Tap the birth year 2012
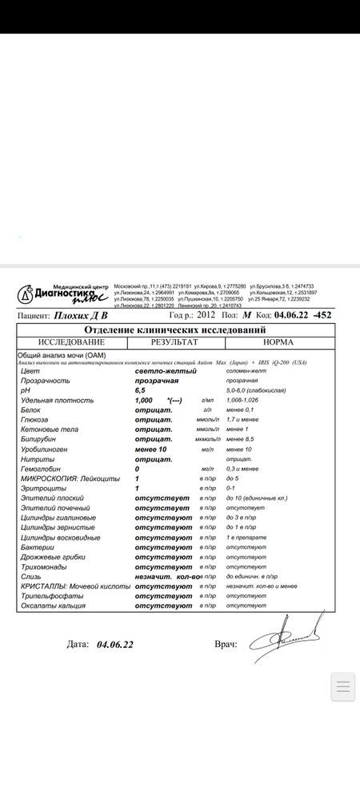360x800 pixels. tap(206, 315)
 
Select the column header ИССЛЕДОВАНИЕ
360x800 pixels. tap(66, 342)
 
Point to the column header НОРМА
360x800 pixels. tap(278, 342)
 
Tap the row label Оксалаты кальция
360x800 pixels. tap(53, 605)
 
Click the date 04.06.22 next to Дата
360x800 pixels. tap(114, 644)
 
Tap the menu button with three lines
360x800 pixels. tap(342, 686)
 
